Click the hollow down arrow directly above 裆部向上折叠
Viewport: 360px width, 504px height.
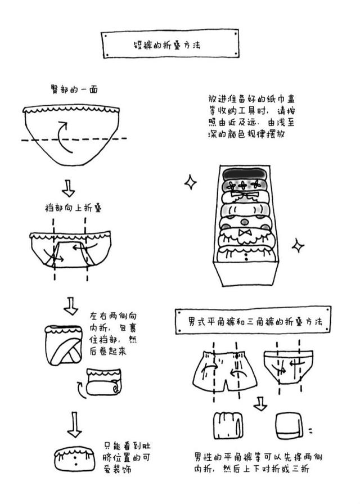[68, 187]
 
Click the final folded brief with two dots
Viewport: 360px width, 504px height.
[74, 458]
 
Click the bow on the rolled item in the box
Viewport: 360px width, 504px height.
[245, 232]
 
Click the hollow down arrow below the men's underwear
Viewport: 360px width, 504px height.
[259, 403]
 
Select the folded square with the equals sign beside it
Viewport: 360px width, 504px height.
[290, 430]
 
